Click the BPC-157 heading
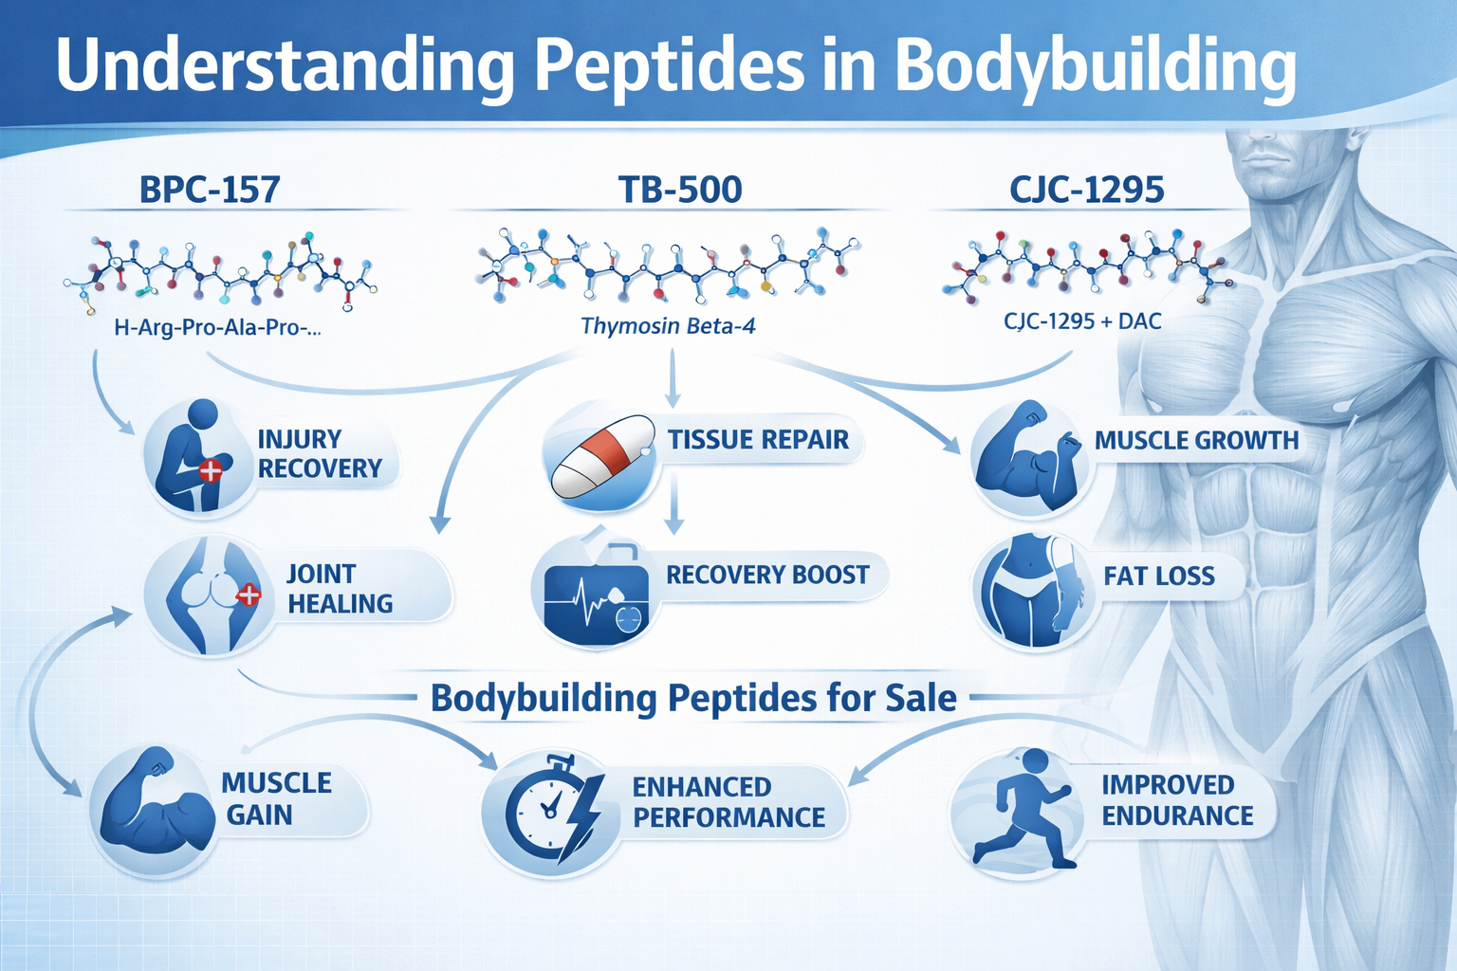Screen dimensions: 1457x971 click(x=210, y=190)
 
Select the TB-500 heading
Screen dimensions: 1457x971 click(x=680, y=190)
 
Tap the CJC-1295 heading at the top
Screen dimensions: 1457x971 click(x=1086, y=190)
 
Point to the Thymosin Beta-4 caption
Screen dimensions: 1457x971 click(x=668, y=325)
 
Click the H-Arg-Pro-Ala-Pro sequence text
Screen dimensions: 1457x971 click(x=217, y=327)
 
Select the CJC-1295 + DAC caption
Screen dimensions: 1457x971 click(x=1082, y=321)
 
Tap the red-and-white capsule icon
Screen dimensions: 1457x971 click(x=602, y=456)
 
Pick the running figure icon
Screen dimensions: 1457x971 click(x=1022, y=809)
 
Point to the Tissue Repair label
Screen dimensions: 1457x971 click(x=759, y=440)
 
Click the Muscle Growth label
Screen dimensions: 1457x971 click(x=1197, y=440)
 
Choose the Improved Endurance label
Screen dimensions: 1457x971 click(x=1177, y=800)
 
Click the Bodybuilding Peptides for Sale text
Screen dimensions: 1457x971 click(x=693, y=698)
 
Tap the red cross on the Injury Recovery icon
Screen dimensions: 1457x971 click(x=210, y=471)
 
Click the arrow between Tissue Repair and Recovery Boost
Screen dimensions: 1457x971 click(x=675, y=502)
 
